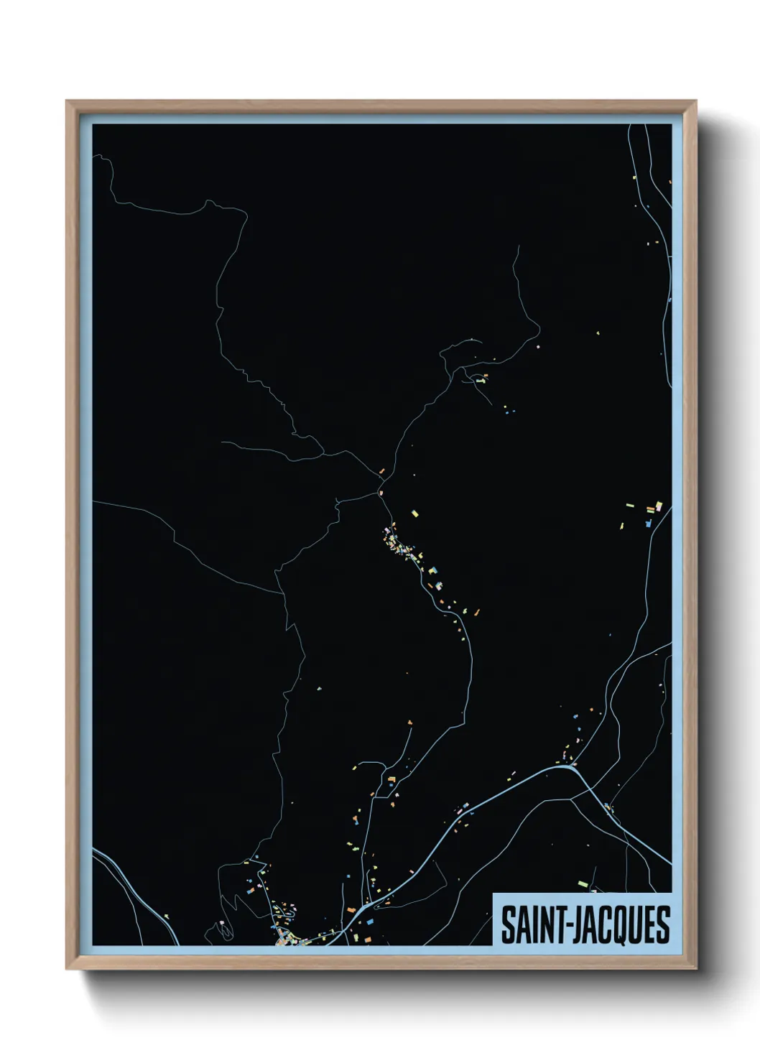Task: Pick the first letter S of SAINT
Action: tap(507, 925)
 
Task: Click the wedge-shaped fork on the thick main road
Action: tap(573, 767)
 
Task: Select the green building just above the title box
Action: tap(582, 883)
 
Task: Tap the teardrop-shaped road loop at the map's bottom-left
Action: tap(226, 930)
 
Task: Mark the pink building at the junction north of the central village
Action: tap(381, 493)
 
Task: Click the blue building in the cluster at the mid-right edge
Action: tap(648, 523)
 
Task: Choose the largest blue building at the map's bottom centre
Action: tap(371, 920)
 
